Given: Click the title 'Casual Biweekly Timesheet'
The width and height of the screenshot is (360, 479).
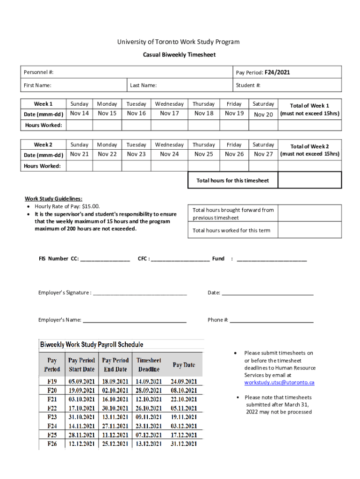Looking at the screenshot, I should pyautogui.click(x=179, y=55).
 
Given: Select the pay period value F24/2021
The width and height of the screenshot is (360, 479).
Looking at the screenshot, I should pyautogui.click(x=277, y=73).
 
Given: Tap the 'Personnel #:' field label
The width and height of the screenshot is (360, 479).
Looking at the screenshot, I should pyautogui.click(x=39, y=73).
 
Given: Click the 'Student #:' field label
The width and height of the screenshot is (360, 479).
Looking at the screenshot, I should pyautogui.click(x=248, y=85).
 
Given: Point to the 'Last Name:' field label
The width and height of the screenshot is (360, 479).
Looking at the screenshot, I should pyautogui.click(x=143, y=85).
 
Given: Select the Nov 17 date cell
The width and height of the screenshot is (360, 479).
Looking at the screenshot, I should pyautogui.click(x=169, y=113).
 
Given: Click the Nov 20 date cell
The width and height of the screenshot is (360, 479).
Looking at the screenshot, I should pyautogui.click(x=263, y=114).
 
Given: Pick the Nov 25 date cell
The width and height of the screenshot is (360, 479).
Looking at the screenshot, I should pyautogui.click(x=203, y=154).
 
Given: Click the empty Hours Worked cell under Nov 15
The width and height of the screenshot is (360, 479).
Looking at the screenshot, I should pyautogui.click(x=107, y=125).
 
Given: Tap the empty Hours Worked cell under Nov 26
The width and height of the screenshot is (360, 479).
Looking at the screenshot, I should pyautogui.click(x=234, y=166).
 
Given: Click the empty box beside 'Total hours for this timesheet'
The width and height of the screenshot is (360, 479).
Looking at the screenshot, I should pyautogui.click(x=310, y=180).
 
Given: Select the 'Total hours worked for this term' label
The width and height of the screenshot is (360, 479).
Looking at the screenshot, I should pyautogui.click(x=231, y=230).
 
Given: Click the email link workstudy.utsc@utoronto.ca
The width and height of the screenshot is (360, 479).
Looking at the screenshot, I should pyautogui.click(x=279, y=383).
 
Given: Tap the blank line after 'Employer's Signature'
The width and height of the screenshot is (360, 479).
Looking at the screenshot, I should pyautogui.click(x=140, y=293).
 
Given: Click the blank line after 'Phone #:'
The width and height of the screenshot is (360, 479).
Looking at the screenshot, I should pyautogui.click(x=272, y=320).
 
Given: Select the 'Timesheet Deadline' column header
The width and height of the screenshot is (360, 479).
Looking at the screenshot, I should pyautogui.click(x=149, y=365).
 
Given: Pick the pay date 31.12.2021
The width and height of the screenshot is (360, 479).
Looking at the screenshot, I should pyautogui.click(x=184, y=444).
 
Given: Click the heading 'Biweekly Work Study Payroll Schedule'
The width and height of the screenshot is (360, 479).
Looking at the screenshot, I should pyautogui.click(x=92, y=345).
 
